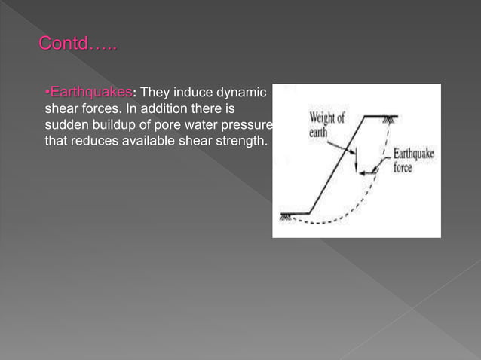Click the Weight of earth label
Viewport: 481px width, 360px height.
pyautogui.click(x=327, y=124)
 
